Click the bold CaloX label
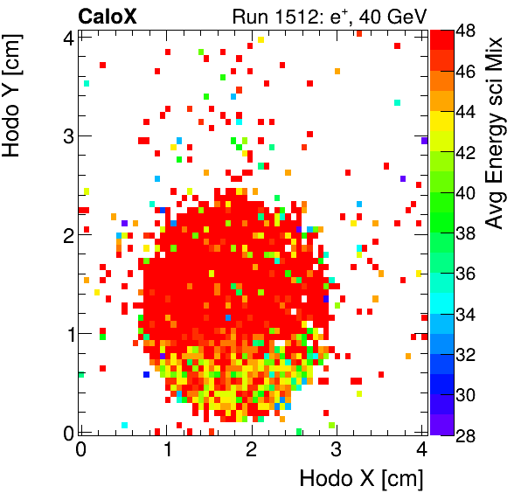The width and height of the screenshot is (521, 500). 107,16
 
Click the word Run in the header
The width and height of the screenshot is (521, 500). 249,16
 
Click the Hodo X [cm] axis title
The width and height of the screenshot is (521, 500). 361,478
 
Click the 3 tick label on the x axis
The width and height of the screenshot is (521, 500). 337,449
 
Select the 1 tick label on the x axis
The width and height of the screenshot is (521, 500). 166,449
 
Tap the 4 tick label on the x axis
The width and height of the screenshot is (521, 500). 421,449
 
